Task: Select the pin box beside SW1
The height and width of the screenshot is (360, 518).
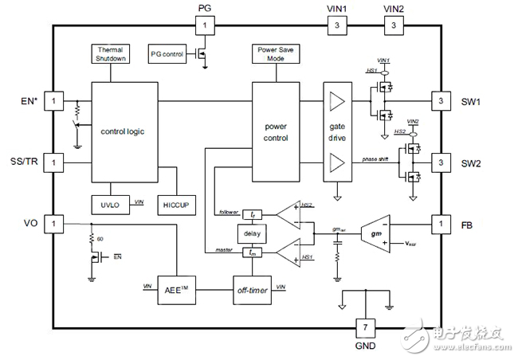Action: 440,102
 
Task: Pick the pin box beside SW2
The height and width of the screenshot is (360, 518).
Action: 440,163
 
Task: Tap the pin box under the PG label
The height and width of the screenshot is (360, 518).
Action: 205,26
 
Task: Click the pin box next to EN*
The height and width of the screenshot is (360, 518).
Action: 53,102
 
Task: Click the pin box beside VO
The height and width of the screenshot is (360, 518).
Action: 53,224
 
